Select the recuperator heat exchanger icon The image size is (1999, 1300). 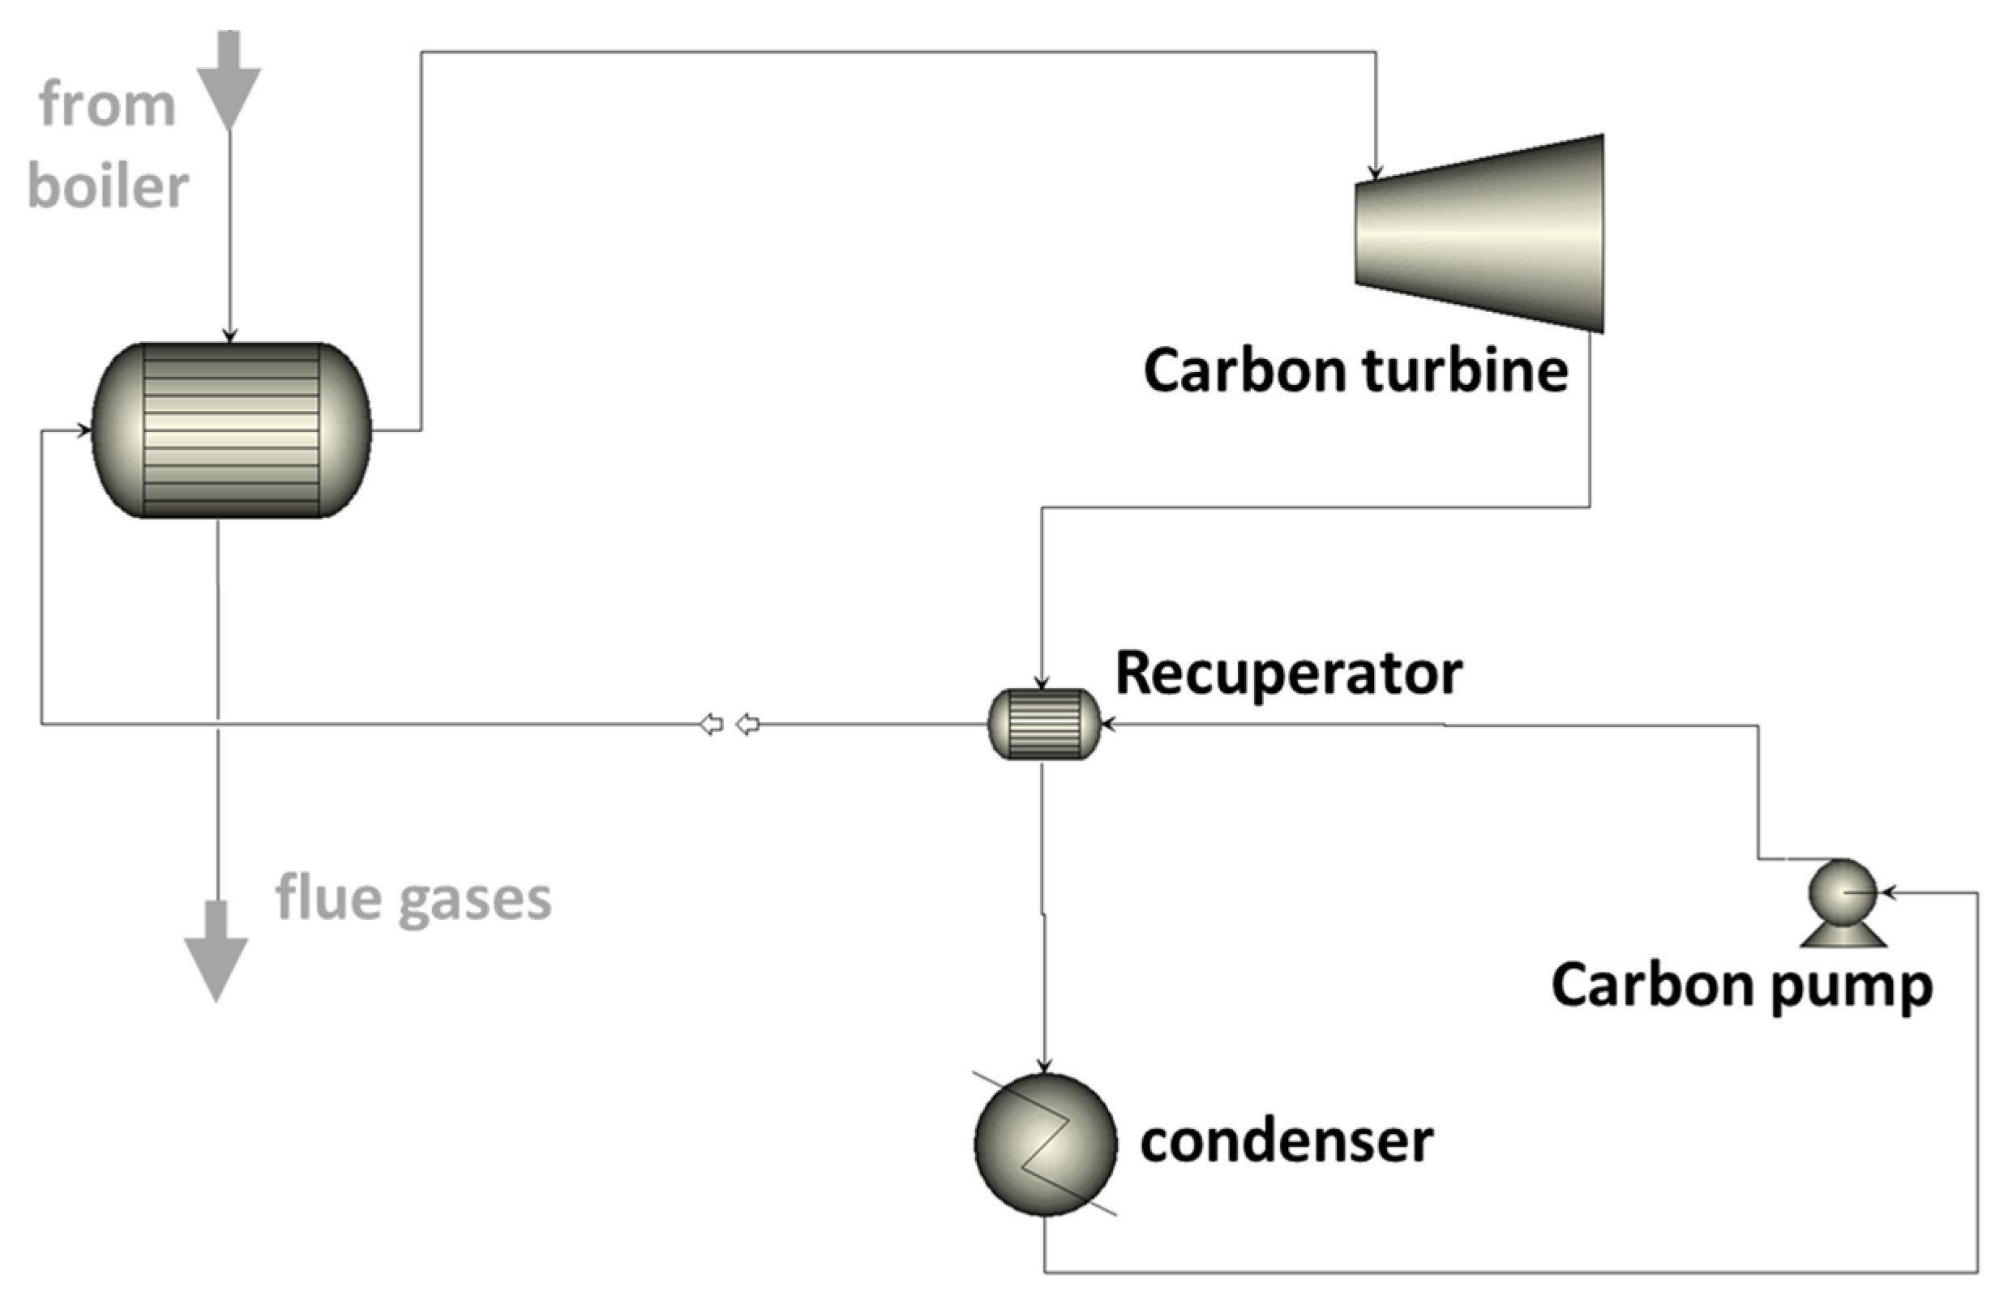coord(1043,724)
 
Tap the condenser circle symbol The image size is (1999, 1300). coord(1045,1144)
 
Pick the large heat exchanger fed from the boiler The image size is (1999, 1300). coord(231,430)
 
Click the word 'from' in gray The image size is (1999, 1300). coord(108,106)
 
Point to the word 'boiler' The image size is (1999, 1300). coord(108,186)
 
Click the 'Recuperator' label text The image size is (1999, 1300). coord(1288,674)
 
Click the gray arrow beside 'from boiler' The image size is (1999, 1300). coord(229,84)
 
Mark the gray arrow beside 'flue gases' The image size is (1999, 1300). coord(216,954)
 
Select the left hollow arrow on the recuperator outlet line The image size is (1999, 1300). coord(712,724)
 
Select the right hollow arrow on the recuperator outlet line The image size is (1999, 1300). coord(747,724)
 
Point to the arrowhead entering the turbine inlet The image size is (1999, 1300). coord(1375,173)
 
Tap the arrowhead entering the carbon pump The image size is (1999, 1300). coord(1886,892)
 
